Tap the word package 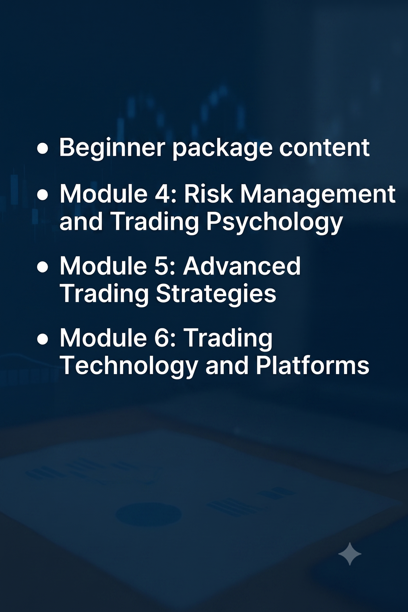coord(222,148)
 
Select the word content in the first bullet coord(324,147)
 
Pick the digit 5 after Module coord(162,266)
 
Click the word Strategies coord(216,294)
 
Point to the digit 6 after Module coord(163,337)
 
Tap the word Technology coord(129,366)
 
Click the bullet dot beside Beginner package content coord(42,148)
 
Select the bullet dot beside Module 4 coord(42,195)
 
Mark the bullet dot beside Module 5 coord(42,267)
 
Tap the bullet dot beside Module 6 coord(42,339)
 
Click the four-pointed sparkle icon coord(350,554)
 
